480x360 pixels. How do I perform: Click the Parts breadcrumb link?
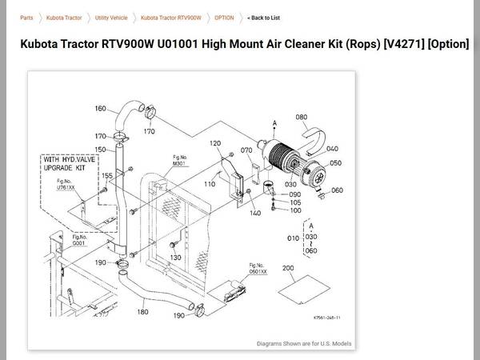(26, 17)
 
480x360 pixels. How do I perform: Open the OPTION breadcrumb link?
(224, 17)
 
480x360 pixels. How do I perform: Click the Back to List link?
(263, 17)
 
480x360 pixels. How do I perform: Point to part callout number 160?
(100, 109)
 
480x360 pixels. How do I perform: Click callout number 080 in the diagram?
(301, 118)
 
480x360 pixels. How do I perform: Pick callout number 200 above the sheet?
(288, 268)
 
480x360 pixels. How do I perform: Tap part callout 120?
(214, 143)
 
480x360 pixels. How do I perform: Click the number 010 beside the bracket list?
(292, 238)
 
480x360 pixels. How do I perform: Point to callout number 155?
(106, 174)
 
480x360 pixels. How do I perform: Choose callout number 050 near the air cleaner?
(335, 163)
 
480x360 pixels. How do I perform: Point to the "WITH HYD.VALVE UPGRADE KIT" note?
(68, 164)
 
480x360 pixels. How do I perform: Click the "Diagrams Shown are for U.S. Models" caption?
(303, 343)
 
